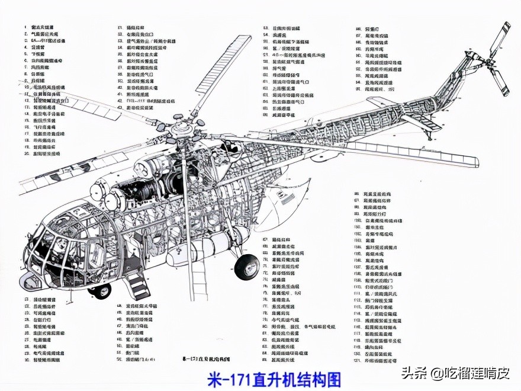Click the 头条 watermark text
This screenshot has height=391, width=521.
pos(414,374)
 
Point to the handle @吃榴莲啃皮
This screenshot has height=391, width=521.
pos(471,374)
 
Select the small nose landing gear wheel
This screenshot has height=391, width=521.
pos(100,290)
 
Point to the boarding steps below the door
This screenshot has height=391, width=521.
pos(138,285)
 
